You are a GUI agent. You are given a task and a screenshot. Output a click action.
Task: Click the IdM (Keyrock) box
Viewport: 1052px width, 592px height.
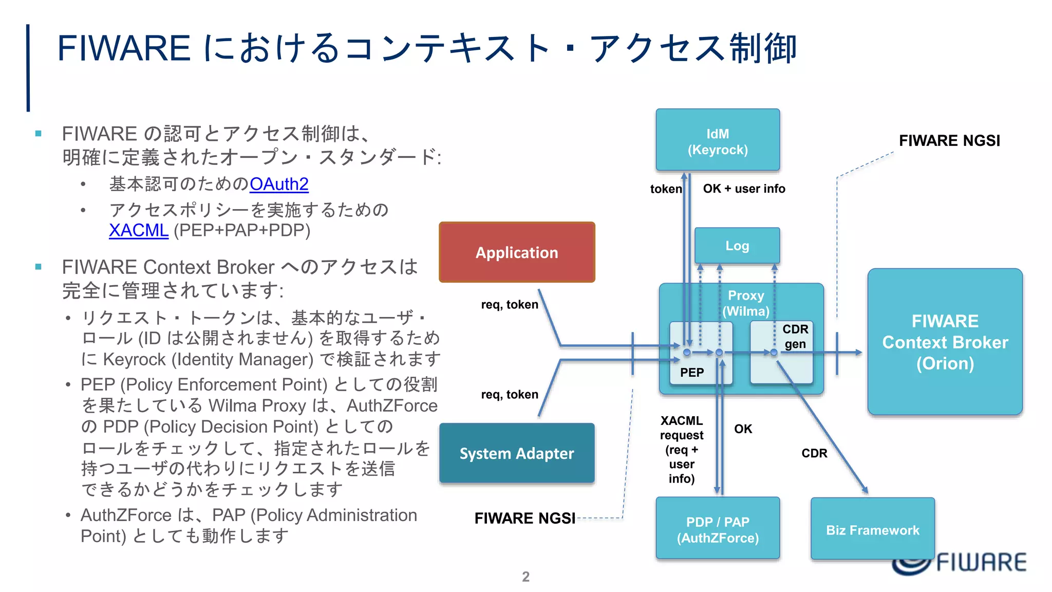coord(718,140)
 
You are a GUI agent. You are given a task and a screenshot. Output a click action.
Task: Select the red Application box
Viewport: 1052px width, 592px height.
coord(517,252)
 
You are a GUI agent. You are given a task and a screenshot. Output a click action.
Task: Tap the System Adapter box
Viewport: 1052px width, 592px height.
coord(517,453)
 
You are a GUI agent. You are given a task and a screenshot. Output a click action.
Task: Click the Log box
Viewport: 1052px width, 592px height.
coord(737,246)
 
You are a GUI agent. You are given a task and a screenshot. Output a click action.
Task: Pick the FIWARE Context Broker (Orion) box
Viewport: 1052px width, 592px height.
coord(945,342)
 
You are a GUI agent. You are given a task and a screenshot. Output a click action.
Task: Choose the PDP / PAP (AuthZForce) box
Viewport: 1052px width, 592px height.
coord(718,529)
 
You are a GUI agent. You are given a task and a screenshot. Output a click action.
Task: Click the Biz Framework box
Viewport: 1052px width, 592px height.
coord(872,529)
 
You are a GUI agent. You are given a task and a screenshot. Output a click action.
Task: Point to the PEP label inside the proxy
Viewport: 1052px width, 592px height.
coord(692,373)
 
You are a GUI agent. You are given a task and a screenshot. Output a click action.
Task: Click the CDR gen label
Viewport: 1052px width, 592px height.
coord(795,336)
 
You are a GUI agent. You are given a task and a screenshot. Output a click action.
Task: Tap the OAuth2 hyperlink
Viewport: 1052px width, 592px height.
coord(279,184)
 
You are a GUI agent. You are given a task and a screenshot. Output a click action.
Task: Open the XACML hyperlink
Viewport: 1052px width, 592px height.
coord(139,230)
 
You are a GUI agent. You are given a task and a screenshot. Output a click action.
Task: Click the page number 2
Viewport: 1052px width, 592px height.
coord(525,577)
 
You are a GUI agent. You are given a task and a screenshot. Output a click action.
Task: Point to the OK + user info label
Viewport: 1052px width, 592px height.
coord(744,189)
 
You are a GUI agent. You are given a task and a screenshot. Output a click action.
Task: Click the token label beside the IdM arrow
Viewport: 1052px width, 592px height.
coord(666,189)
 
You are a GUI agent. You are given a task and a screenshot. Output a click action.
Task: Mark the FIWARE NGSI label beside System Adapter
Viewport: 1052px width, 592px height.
coord(524,518)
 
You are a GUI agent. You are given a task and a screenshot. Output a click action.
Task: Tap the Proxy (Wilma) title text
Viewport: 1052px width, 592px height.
coord(746,303)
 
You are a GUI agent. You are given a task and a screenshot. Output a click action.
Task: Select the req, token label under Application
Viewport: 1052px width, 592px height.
coord(510,304)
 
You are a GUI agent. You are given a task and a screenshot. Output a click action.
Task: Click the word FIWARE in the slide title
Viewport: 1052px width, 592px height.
coord(124,48)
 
